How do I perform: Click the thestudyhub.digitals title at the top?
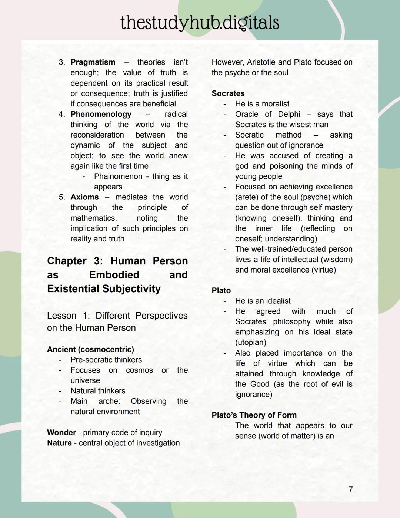coord(200,23)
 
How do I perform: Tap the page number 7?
coord(351,489)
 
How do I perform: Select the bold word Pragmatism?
coord(93,62)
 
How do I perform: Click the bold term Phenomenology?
coord(101,114)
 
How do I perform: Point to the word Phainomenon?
coord(118,176)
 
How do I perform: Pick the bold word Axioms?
coord(84,197)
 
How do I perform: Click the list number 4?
coord(61,114)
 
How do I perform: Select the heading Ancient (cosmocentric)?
coord(90,349)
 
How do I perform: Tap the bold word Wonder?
coord(61,432)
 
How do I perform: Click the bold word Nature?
coord(59,443)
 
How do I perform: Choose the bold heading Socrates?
coord(228,93)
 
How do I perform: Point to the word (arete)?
coord(247,197)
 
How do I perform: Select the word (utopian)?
coord(250,342)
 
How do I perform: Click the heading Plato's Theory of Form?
coord(254,415)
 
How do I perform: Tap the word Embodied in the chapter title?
coord(114,275)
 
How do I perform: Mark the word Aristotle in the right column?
coord(261,62)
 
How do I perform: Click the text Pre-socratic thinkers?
coord(106,360)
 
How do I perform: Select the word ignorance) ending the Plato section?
coord(253,394)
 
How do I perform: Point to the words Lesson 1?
coord(68,316)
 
